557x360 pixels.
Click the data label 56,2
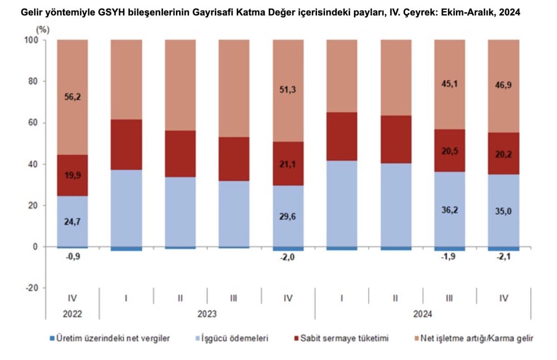pyautogui.click(x=72, y=98)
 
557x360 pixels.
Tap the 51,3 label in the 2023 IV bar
pyautogui.click(x=288, y=90)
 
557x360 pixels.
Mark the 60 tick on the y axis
pyautogui.click(x=33, y=123)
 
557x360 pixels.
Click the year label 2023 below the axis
pyautogui.click(x=207, y=314)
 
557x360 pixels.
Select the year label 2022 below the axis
pyautogui.click(x=72, y=314)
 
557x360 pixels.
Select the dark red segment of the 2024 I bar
pyautogui.click(x=342, y=137)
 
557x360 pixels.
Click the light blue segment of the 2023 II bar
pyautogui.click(x=180, y=211)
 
